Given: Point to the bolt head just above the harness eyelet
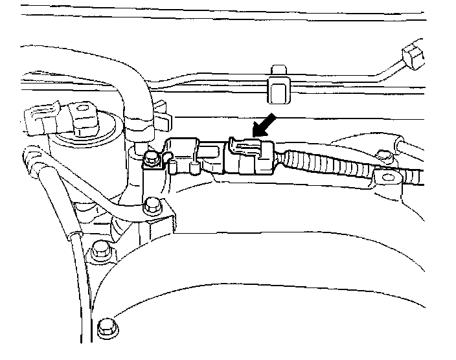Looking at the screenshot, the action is [x=384, y=155].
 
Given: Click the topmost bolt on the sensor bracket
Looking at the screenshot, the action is [x=152, y=157].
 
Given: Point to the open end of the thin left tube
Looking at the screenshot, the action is [x=30, y=156].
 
